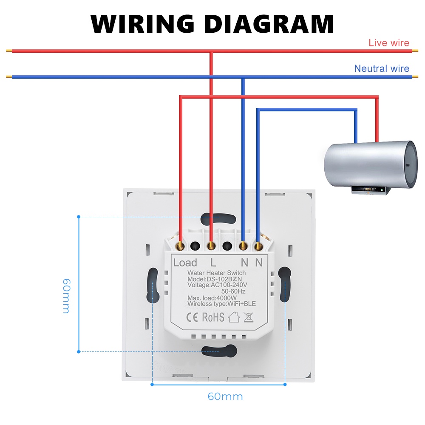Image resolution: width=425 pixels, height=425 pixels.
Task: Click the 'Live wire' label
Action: click(x=388, y=42)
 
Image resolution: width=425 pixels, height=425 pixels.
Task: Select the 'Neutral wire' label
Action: click(x=381, y=68)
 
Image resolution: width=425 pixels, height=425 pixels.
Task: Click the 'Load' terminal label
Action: click(x=185, y=263)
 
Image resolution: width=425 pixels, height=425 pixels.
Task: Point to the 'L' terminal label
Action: click(x=213, y=263)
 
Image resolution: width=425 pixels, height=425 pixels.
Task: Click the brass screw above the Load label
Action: click(x=181, y=245)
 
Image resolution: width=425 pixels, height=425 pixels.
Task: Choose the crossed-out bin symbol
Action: click(x=249, y=317)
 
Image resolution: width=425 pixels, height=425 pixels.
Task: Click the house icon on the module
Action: click(x=234, y=317)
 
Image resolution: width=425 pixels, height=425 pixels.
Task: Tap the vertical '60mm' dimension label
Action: click(x=66, y=296)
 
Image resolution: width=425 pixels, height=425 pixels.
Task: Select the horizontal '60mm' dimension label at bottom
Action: click(x=225, y=397)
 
